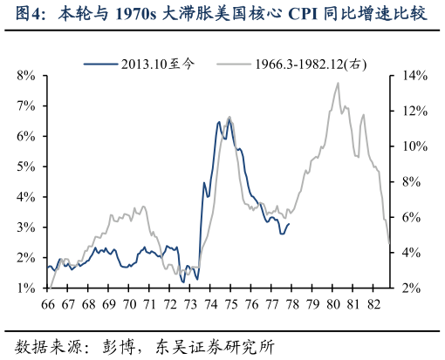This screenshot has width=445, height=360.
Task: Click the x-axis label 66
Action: [48, 304]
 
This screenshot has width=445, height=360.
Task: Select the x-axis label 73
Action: [190, 304]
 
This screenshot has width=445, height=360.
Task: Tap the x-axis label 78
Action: [292, 304]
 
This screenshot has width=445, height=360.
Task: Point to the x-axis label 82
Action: [373, 304]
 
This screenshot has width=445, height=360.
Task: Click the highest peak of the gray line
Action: [338, 84]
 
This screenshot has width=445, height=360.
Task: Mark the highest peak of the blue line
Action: [229, 118]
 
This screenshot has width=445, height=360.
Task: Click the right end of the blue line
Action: [289, 224]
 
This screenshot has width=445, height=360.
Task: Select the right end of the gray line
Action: [389, 245]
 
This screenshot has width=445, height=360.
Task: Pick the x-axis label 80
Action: [332, 304]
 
